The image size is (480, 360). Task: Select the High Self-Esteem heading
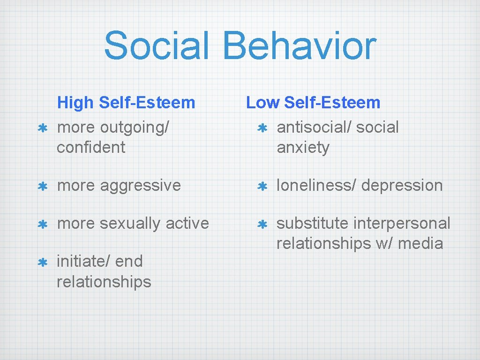click(x=126, y=102)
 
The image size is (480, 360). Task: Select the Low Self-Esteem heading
click(x=313, y=102)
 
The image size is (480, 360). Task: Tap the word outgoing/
click(x=135, y=127)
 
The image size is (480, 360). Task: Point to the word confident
click(x=91, y=148)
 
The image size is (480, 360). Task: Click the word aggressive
click(x=141, y=186)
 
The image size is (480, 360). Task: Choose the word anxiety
click(x=303, y=148)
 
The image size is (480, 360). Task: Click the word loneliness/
click(x=316, y=186)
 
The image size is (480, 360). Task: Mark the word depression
click(x=402, y=186)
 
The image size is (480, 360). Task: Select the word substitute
click(x=312, y=224)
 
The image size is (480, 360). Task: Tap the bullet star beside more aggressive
click(x=42, y=186)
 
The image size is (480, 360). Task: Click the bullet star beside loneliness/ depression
click(x=262, y=186)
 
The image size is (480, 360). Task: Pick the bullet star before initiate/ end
click(x=42, y=262)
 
